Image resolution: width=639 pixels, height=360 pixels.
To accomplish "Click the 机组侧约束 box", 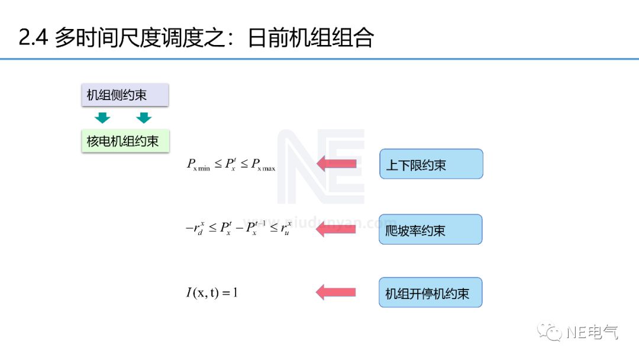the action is click(x=125, y=95).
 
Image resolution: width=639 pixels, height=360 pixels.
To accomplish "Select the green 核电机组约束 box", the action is click(x=125, y=142).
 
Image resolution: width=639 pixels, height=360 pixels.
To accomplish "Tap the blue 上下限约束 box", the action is click(x=431, y=164).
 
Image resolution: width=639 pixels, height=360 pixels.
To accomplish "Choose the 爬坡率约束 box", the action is click(x=430, y=230).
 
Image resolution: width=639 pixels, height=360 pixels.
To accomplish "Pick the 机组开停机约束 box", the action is click(x=430, y=292).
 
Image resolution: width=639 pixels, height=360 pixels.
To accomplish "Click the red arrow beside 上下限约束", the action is click(x=337, y=163).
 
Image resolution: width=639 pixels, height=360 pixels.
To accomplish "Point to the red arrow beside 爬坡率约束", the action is click(x=336, y=229).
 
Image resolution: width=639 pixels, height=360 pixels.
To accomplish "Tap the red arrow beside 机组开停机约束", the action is click(x=336, y=292).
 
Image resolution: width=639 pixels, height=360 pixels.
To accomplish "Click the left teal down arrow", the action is click(x=103, y=117).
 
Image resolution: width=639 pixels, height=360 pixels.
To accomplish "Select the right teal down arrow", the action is click(x=144, y=117).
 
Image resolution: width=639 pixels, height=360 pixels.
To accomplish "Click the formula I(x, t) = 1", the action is click(x=211, y=292).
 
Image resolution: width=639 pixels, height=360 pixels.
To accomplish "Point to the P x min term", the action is click(x=198, y=165).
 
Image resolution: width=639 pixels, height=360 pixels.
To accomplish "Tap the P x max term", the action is click(x=263, y=165).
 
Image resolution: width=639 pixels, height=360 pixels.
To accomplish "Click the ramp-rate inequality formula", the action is click(x=238, y=229).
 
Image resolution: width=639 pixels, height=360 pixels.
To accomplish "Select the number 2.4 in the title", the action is click(x=33, y=38).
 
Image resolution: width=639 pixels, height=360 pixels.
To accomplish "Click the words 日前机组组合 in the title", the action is click(x=311, y=38).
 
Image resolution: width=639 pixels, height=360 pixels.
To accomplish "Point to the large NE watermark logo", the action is click(x=321, y=167).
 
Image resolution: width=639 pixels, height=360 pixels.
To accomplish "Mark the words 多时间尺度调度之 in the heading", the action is click(x=138, y=38).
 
